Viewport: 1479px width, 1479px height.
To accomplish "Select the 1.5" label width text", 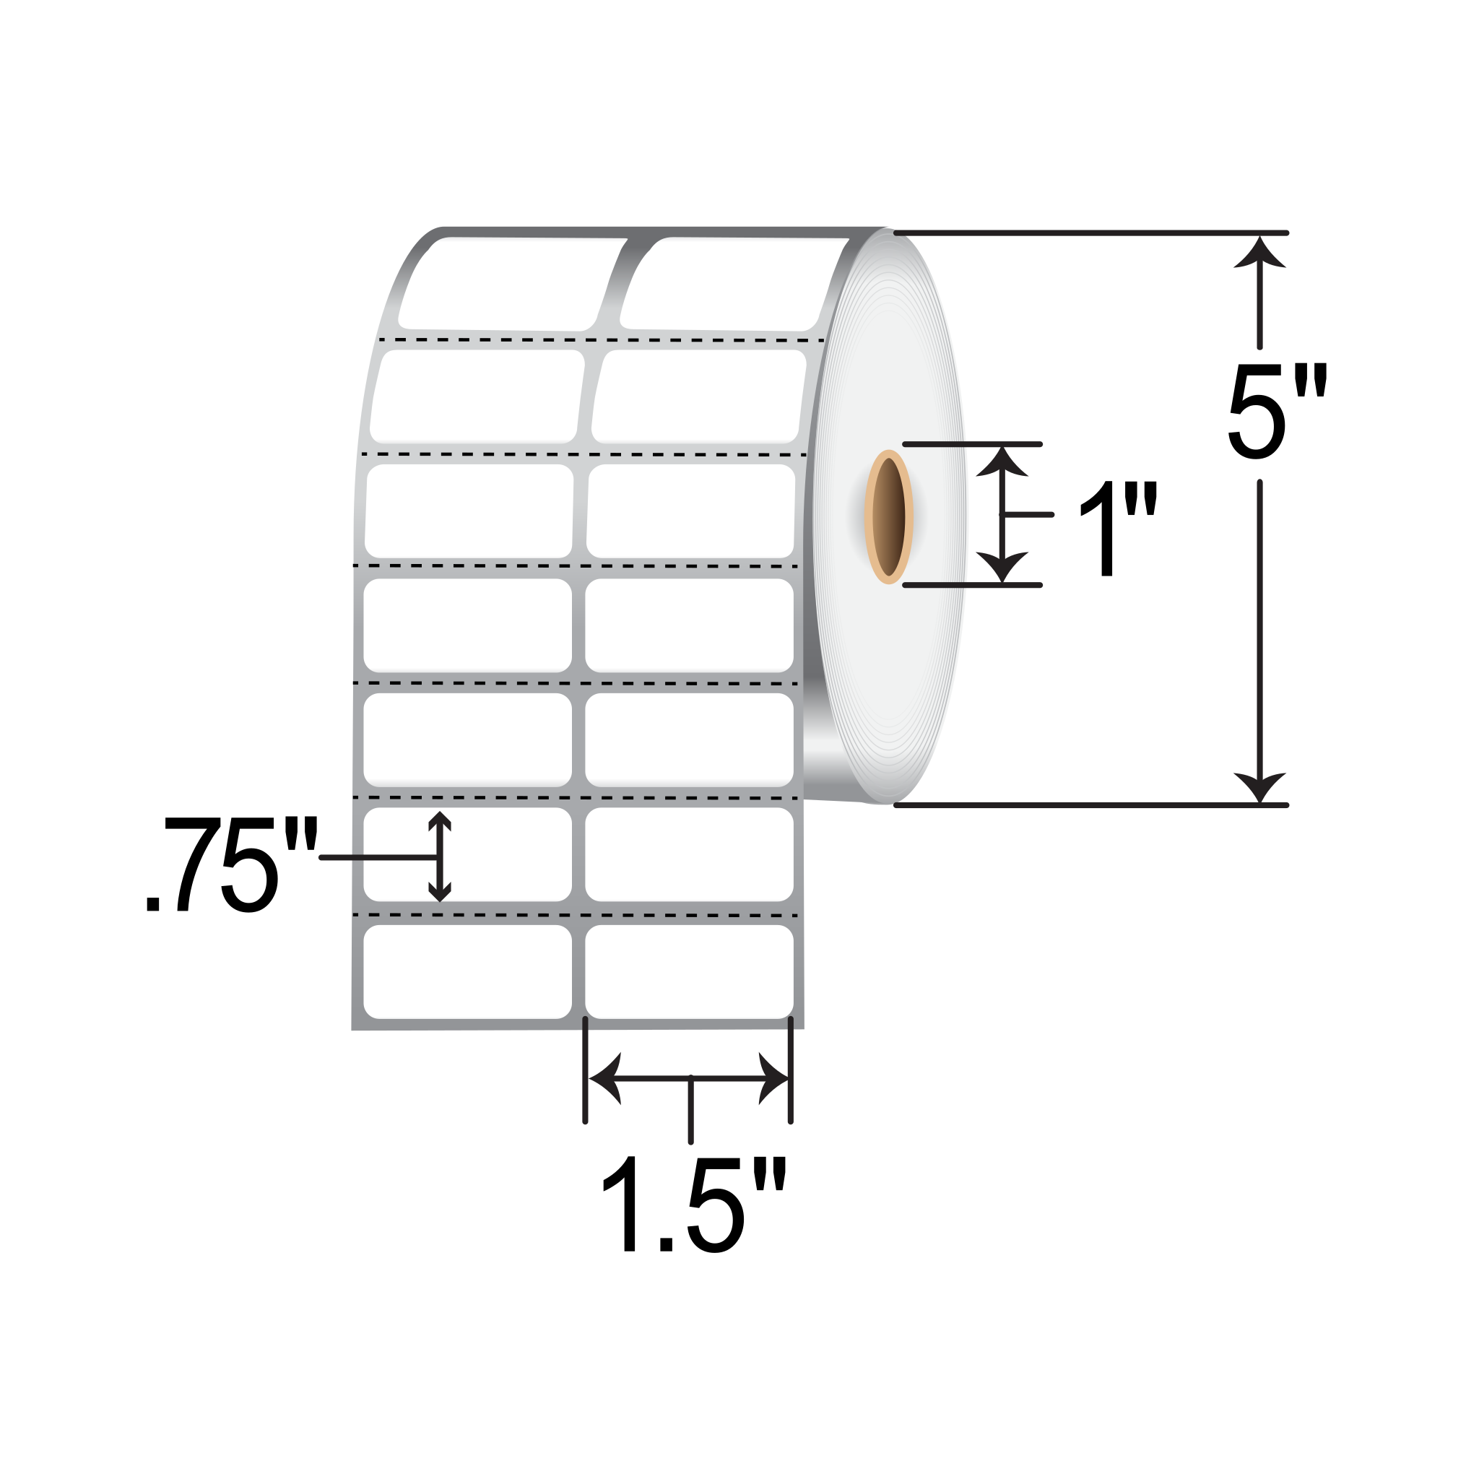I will (693, 1206).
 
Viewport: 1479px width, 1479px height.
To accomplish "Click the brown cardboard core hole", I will (888, 517).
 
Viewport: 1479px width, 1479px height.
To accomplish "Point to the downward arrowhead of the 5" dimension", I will (1259, 787).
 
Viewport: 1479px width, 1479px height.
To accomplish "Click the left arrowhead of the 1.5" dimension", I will (604, 1078).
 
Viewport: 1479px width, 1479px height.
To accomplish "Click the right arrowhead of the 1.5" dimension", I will (773, 1078).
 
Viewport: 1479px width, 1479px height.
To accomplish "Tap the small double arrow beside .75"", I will (438, 856).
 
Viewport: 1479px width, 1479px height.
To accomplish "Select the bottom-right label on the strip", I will (689, 971).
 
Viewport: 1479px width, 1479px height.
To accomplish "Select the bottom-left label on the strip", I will (467, 971).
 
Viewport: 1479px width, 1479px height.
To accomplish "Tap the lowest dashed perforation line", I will (574, 915).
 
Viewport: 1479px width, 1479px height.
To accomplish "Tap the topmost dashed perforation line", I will (601, 339).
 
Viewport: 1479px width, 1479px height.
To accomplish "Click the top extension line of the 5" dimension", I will (1087, 233).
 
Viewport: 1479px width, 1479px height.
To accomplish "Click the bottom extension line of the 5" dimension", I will (1087, 805).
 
